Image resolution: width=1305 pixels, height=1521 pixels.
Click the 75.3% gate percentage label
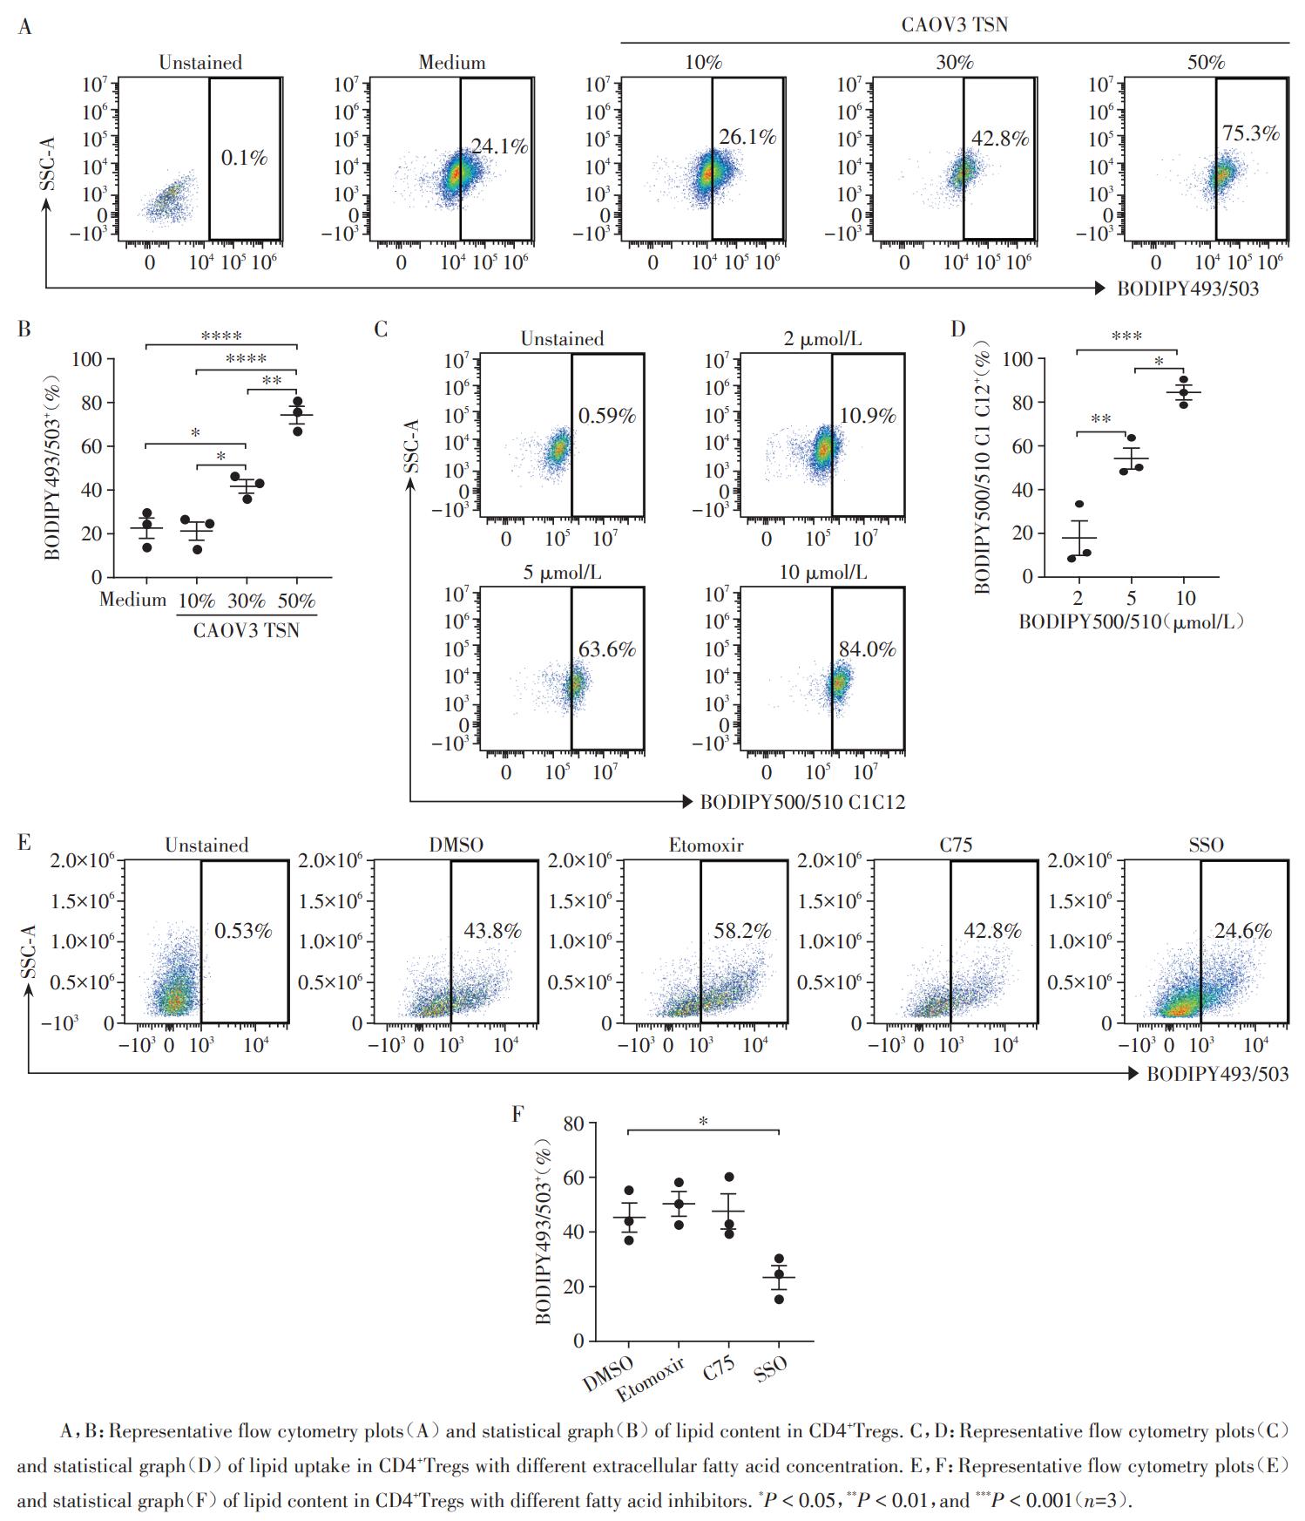[1251, 133]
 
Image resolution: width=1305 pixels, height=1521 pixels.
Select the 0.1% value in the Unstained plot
[244, 158]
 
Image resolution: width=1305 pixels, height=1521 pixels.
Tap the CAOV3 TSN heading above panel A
[954, 24]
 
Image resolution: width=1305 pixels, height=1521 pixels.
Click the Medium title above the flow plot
[452, 63]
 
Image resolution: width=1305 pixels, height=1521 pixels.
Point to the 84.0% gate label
[867, 649]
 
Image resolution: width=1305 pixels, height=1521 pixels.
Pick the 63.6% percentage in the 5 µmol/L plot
[607, 649]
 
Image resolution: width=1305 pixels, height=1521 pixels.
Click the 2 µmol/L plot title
[822, 339]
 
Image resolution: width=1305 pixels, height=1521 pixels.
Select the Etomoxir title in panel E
[706, 845]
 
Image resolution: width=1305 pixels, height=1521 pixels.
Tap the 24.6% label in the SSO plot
[1243, 931]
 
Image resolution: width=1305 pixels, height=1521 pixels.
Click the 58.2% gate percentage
[742, 931]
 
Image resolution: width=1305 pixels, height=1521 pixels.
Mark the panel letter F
[518, 1114]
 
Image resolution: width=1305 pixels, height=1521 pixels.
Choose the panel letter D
[958, 329]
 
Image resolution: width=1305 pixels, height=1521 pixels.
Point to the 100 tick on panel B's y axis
[87, 359]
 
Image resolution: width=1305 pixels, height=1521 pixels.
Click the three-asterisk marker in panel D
[1126, 336]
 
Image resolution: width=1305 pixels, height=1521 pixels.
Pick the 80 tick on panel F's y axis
[573, 1124]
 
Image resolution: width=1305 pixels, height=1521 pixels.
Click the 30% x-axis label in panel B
[247, 601]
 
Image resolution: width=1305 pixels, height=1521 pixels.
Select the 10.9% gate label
[867, 417]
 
